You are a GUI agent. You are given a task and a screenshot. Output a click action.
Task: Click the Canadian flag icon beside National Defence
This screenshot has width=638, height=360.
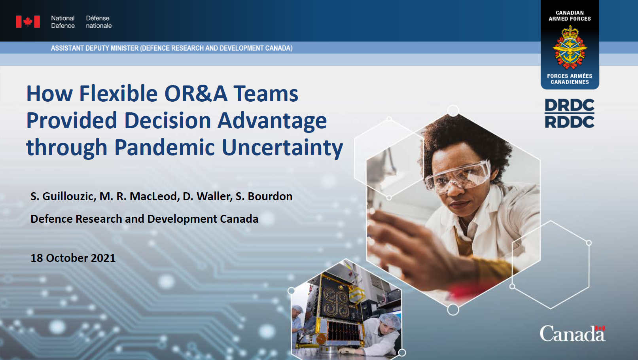click(x=28, y=22)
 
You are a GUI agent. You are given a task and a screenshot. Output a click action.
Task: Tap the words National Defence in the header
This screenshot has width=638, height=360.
click(x=62, y=22)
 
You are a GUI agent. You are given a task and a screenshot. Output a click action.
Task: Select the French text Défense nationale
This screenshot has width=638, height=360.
click(x=98, y=22)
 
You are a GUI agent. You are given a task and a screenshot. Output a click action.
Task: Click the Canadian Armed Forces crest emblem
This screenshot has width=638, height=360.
click(x=570, y=47)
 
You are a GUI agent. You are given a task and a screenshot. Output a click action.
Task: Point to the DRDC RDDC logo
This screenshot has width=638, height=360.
click(x=570, y=114)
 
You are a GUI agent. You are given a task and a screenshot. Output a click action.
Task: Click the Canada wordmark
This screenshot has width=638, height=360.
click(x=572, y=333)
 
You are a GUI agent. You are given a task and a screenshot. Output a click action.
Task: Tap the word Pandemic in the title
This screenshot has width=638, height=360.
click(x=165, y=148)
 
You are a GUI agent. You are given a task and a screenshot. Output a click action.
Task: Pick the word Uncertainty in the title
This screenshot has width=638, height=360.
click(x=282, y=148)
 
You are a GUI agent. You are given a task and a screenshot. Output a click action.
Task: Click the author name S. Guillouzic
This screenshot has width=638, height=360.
click(x=63, y=197)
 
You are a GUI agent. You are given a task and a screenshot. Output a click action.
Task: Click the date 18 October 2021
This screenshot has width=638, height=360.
click(x=73, y=258)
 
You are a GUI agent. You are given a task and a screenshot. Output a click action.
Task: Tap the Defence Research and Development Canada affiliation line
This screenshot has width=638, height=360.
click(x=144, y=219)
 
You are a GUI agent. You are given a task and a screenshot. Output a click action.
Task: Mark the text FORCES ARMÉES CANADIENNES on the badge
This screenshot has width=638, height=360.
click(x=570, y=79)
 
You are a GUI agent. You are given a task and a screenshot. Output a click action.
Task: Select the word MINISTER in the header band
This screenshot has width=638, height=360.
click(x=125, y=48)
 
